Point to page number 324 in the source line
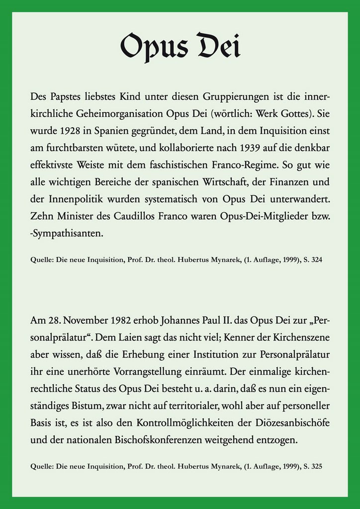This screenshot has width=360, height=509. [x=317, y=259]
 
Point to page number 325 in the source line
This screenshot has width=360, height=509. [x=317, y=466]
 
